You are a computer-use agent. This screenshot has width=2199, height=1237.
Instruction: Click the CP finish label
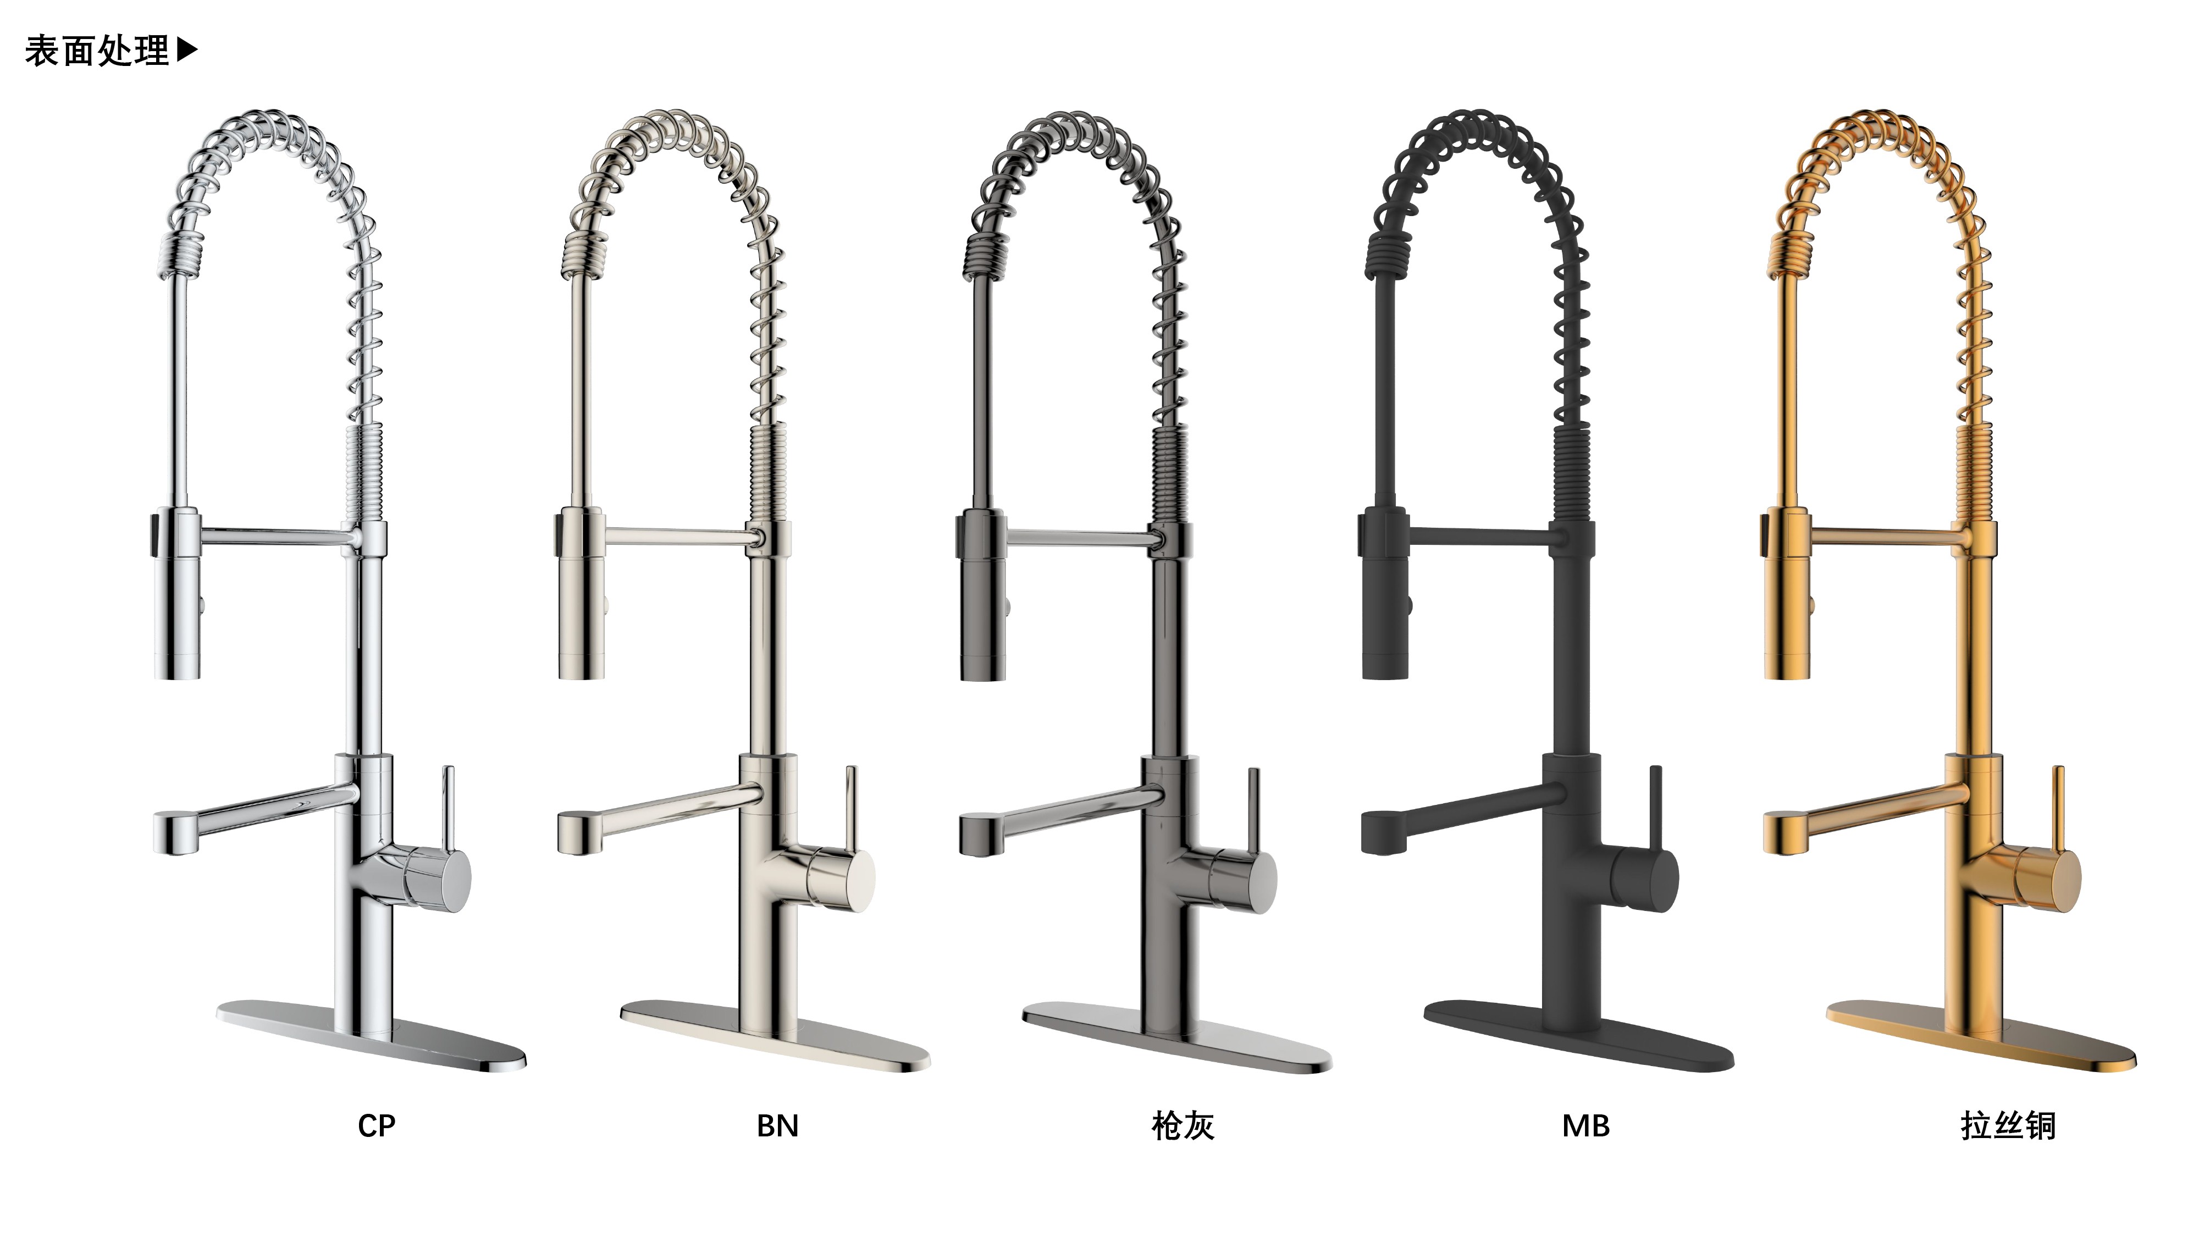pyautogui.click(x=377, y=1126)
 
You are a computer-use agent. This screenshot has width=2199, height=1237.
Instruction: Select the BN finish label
pyautogui.click(x=778, y=1126)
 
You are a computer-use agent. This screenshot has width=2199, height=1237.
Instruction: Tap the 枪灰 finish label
pyautogui.click(x=1183, y=1126)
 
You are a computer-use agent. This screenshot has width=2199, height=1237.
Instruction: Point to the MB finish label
pyautogui.click(x=1586, y=1126)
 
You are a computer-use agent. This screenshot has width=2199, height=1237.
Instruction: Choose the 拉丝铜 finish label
pyautogui.click(x=2008, y=1126)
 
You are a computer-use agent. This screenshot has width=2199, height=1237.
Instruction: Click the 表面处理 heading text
pyautogui.click(x=97, y=51)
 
